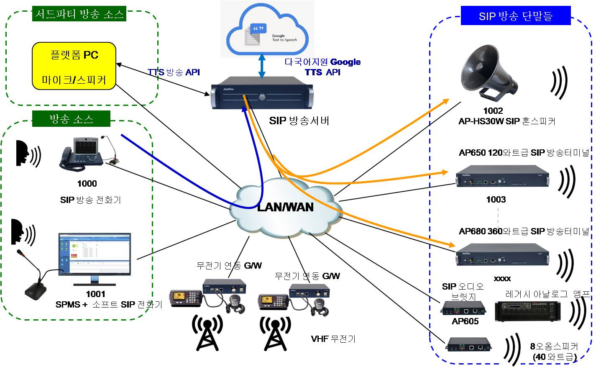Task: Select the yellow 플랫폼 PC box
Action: coord(74,66)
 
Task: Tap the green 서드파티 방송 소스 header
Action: coord(79,14)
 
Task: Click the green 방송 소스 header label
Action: coord(71,119)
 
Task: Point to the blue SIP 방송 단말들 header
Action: coord(516,16)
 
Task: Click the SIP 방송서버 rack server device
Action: coord(262,96)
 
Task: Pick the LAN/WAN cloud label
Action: coord(285,207)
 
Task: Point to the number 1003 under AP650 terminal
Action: coord(496,200)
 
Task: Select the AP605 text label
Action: coord(465,321)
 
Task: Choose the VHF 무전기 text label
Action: coord(333,339)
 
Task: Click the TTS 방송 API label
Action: coord(174,72)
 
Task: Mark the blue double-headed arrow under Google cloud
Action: coord(262,65)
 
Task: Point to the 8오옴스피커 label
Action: coord(554,346)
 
